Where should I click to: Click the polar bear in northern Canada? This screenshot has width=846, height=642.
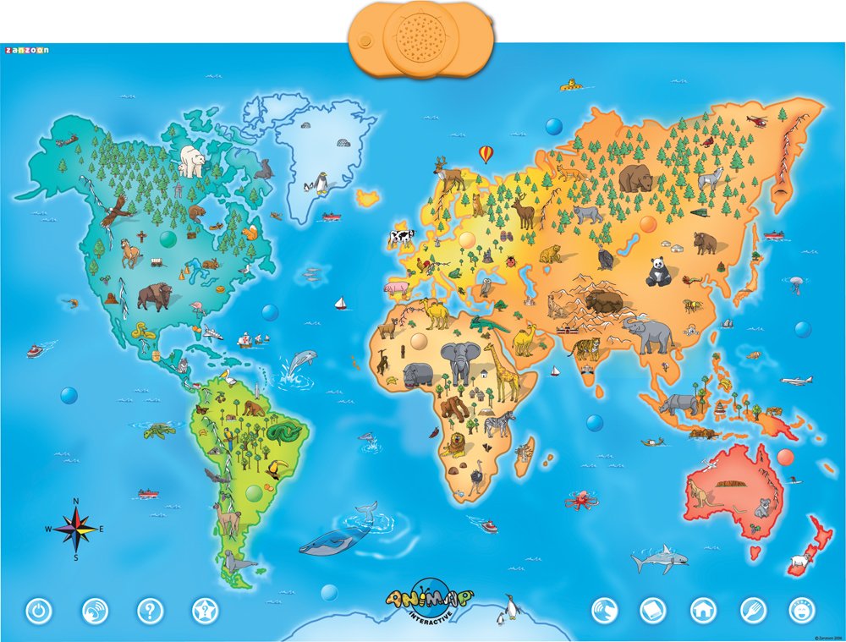pos(192,160)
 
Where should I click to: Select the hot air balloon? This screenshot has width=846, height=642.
pos(486,154)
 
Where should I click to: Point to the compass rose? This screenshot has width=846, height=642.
pos(76,530)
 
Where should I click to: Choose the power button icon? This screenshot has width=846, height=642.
pos(40,610)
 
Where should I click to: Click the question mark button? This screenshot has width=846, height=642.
pos(150,610)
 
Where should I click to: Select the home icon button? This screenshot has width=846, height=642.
pos(703,610)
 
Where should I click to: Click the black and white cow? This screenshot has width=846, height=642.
pos(402,236)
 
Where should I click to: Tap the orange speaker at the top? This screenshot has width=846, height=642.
pos(421,37)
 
